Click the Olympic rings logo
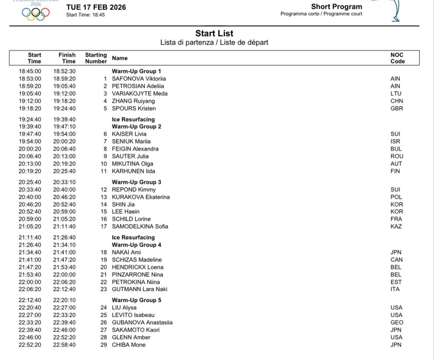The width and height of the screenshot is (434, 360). tap(35, 13)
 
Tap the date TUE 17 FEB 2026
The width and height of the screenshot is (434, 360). tap(96, 7)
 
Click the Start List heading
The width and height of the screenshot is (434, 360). tap(214, 33)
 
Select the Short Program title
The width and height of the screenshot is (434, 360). tap(336, 7)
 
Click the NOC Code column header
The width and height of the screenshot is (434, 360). tap(397, 58)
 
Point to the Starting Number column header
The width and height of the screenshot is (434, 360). tap(96, 58)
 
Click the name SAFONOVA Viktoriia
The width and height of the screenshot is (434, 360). tap(139, 79)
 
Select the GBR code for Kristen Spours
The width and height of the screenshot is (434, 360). tap(396, 108)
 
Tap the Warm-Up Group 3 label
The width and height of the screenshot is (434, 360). tap(136, 182)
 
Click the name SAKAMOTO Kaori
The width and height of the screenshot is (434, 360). tap(136, 330)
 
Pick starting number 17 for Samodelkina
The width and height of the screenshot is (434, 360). tap(104, 226)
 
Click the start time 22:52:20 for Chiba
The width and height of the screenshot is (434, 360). tap(30, 344)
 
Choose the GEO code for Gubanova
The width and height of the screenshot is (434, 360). tap(396, 322)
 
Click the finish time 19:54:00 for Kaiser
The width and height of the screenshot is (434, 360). tap(64, 134)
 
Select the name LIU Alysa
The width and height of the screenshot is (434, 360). tap(124, 308)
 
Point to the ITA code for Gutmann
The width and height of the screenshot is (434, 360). tap(395, 289)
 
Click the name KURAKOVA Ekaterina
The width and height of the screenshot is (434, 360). tap(141, 197)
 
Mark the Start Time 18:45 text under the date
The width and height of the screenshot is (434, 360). tap(85, 15)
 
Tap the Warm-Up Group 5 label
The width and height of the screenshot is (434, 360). tap(136, 300)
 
